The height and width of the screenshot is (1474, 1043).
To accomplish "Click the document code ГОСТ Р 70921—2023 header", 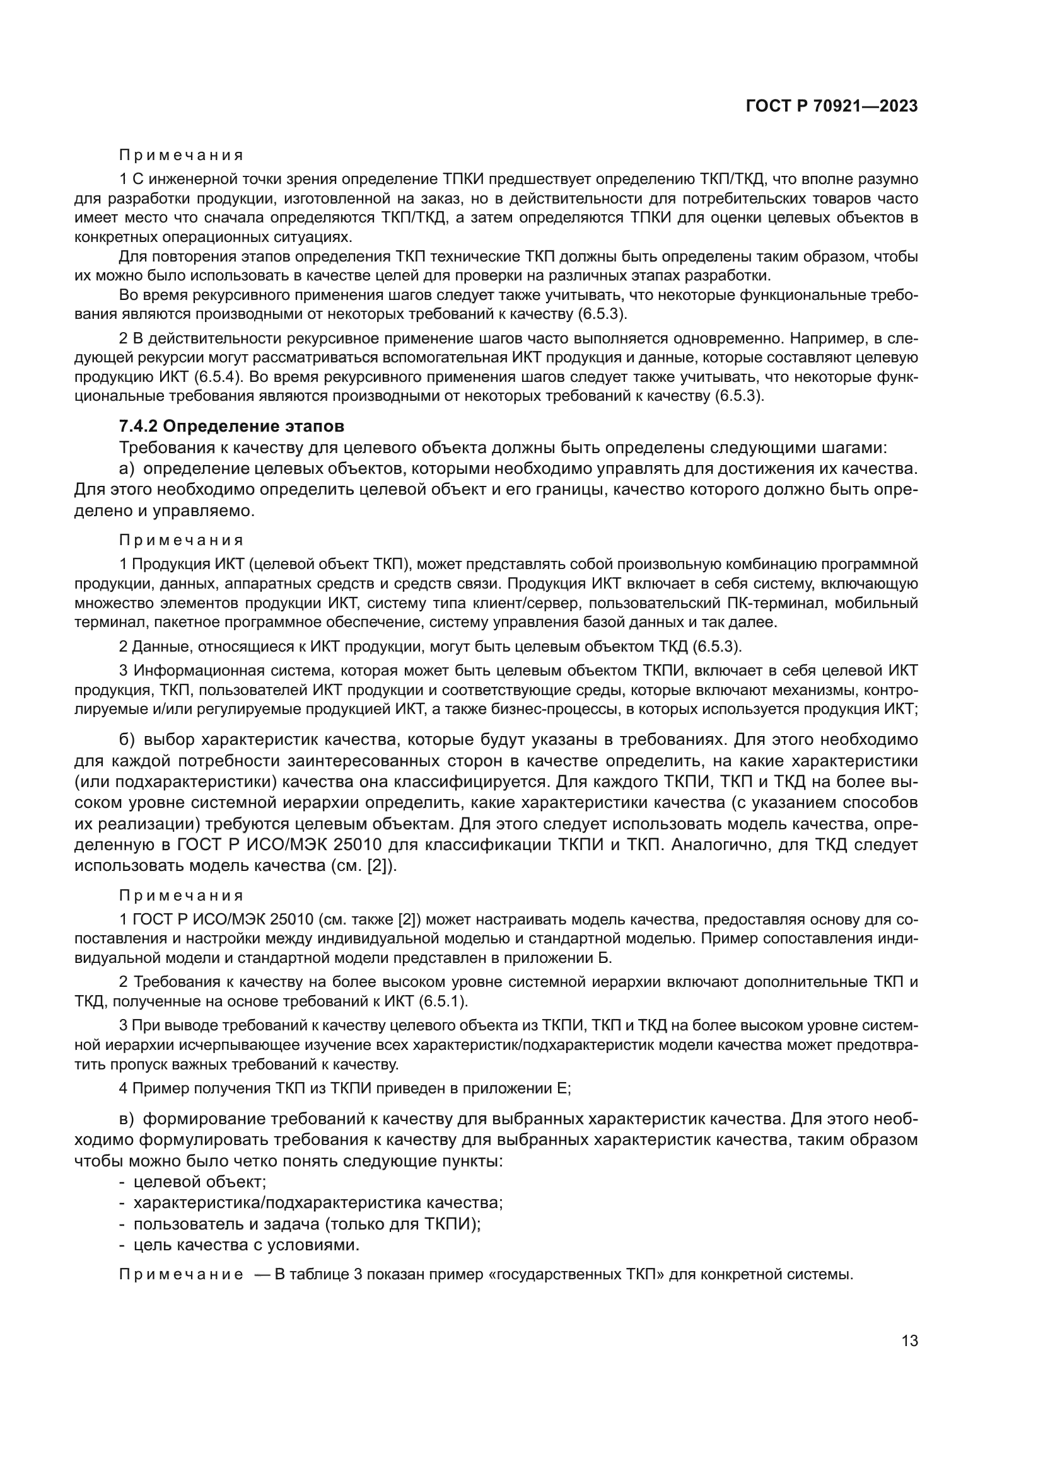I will coord(832,107).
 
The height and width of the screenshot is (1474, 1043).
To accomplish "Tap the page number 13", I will coord(909,1340).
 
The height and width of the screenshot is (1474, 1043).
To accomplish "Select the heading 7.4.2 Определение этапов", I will coord(232,426).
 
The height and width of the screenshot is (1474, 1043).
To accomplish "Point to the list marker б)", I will coord(127,740).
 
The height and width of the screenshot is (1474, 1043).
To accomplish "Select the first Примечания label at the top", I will coord(181,156).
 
